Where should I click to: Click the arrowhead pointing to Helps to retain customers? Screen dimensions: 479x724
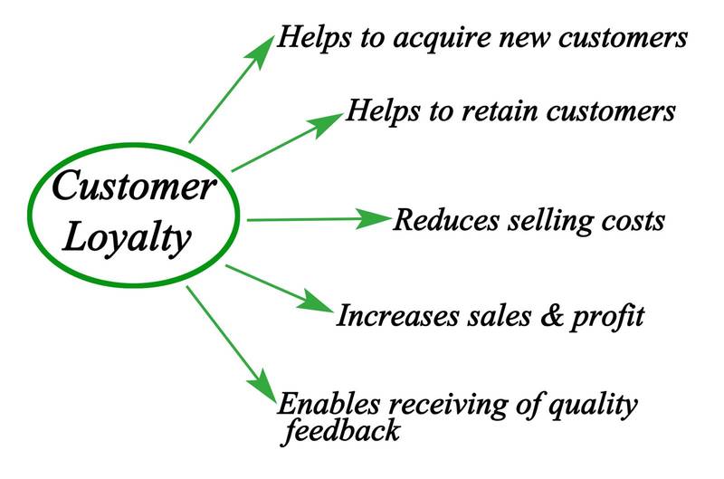[329, 123]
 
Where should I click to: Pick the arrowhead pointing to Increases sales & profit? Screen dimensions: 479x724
[316, 304]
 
